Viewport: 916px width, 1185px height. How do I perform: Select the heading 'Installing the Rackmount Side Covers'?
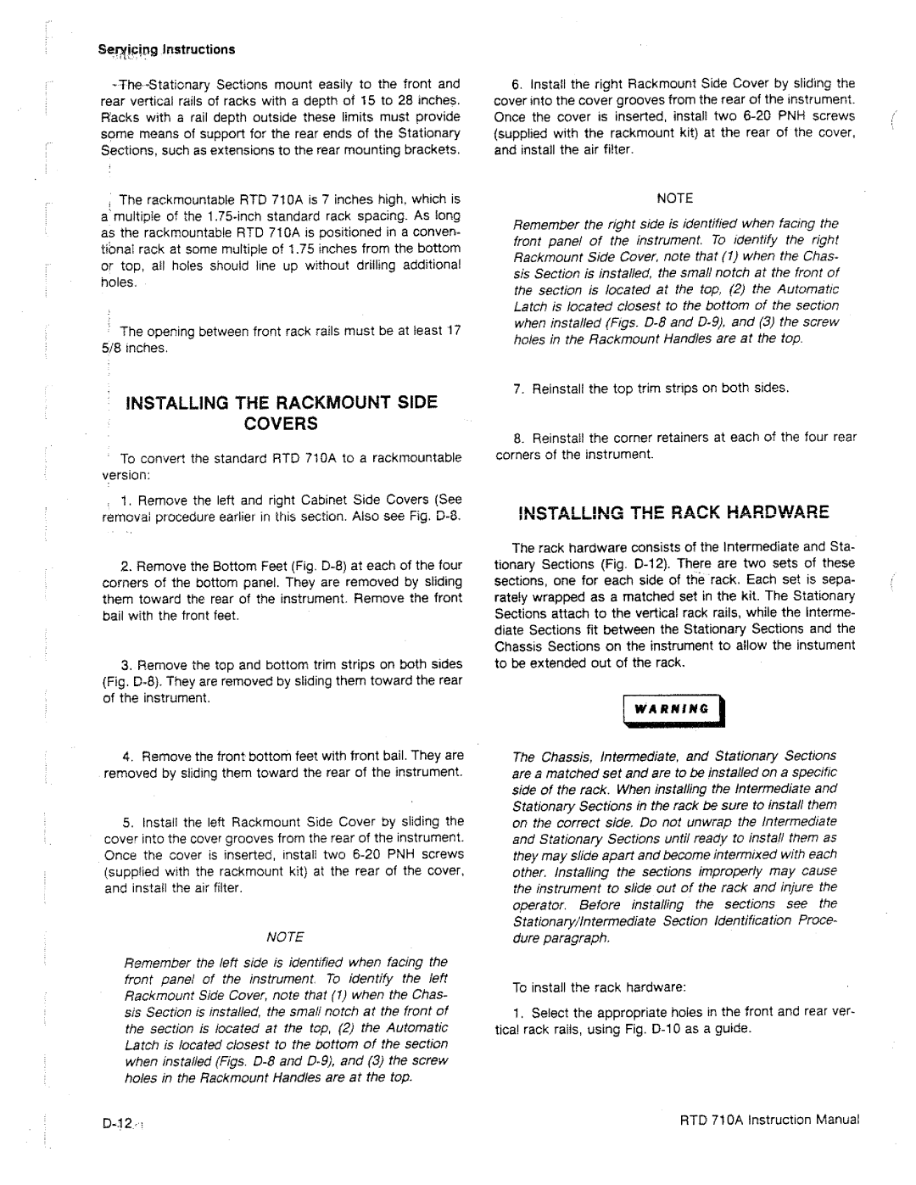[x=282, y=412]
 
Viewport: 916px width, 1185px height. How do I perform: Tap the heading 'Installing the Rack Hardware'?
[x=664, y=513]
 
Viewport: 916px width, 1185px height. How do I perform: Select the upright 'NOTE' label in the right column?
[x=676, y=198]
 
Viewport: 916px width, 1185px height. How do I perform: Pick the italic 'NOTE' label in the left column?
[x=285, y=936]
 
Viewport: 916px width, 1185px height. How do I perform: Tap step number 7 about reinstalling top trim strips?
[x=517, y=388]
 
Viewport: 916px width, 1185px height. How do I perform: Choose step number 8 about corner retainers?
[x=517, y=437]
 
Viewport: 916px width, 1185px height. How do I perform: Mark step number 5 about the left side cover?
[x=127, y=821]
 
